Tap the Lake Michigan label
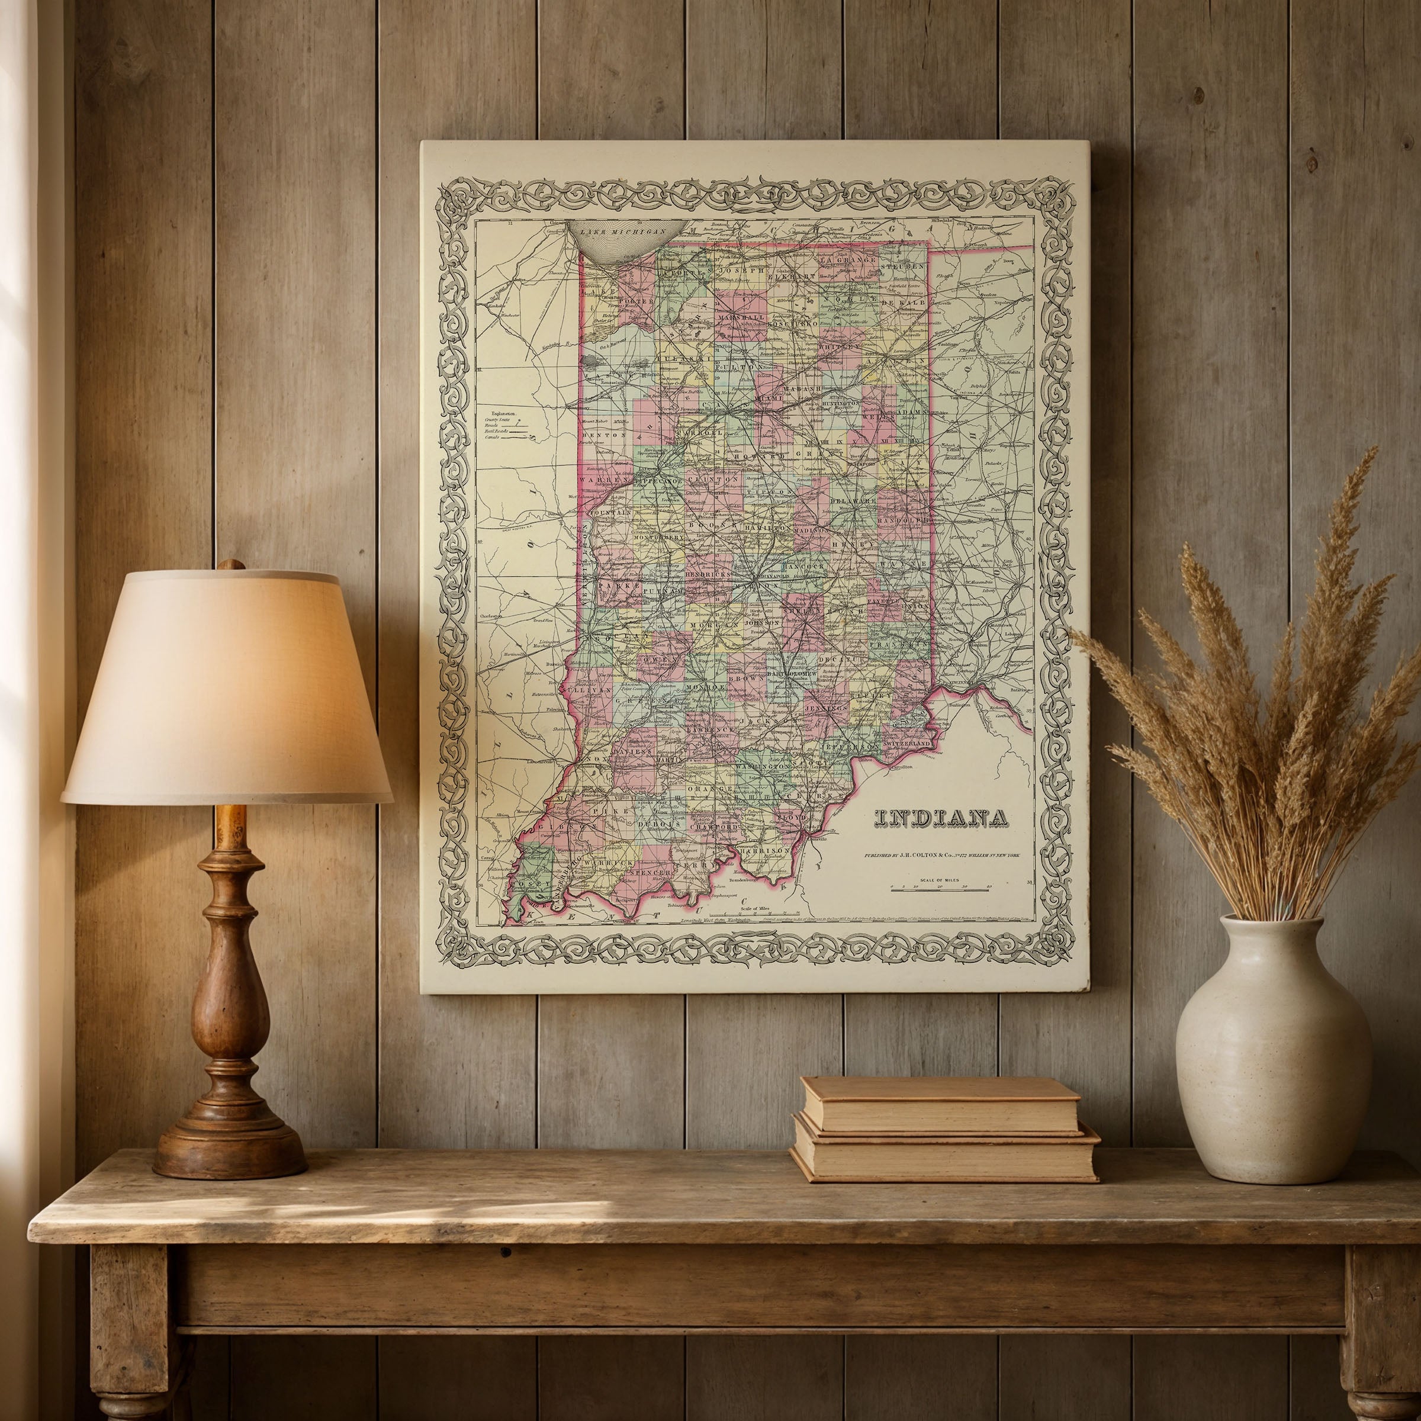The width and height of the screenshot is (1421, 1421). click(622, 231)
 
